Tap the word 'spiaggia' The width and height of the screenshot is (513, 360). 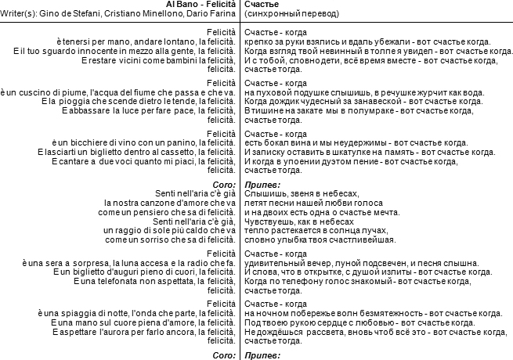coord(72,313)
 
